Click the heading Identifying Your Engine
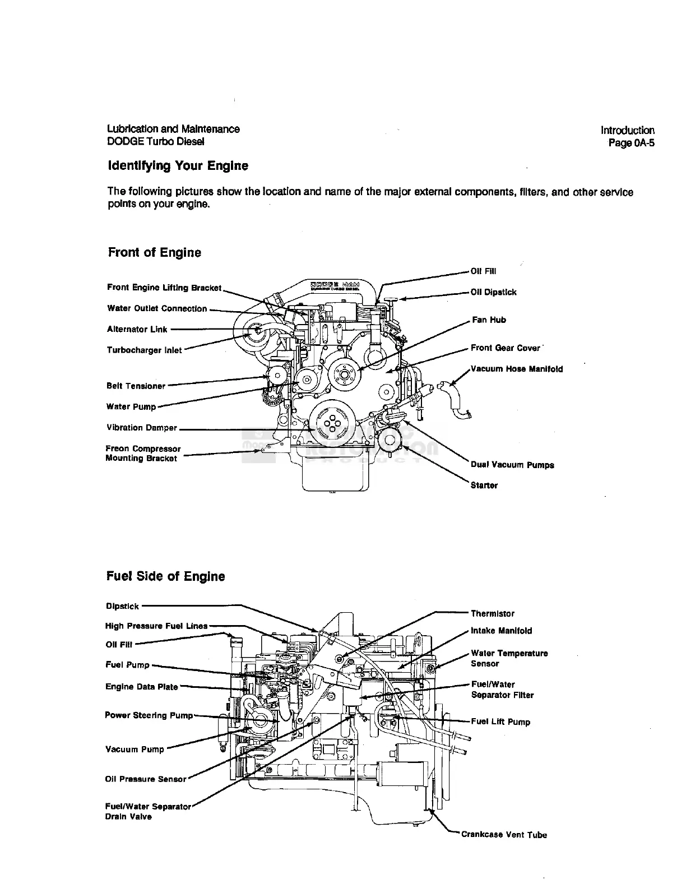(x=177, y=166)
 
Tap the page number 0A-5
(x=632, y=143)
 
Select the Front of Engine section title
(x=154, y=252)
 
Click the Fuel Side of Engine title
(x=165, y=576)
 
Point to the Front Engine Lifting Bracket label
(x=164, y=288)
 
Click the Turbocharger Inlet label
(x=144, y=350)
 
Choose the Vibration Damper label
(x=141, y=428)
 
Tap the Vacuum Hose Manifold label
(x=517, y=369)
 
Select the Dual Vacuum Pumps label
(x=512, y=465)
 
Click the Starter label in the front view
(x=484, y=485)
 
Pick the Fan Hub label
(x=489, y=320)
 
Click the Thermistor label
(x=492, y=614)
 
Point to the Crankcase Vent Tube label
(x=503, y=835)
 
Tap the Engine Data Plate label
(x=141, y=687)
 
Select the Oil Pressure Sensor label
(x=145, y=779)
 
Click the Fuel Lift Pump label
(x=500, y=722)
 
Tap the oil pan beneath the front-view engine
(x=336, y=474)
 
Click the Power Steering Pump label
(x=149, y=715)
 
